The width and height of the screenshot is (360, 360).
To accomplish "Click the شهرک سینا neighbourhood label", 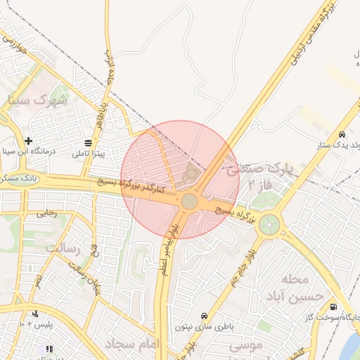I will [x=38, y=100].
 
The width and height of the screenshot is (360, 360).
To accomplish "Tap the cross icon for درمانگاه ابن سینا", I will [x=28, y=141].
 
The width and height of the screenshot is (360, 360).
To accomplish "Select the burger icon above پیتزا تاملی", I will [x=88, y=143].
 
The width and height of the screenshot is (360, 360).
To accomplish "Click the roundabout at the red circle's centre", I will [x=190, y=202].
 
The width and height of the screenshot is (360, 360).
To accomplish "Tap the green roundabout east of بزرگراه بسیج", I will [x=269, y=226].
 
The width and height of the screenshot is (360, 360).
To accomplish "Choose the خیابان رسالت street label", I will [x=85, y=275].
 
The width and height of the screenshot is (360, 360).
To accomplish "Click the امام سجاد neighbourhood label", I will [x=133, y=344].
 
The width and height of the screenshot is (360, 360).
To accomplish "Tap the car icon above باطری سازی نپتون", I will [x=204, y=316].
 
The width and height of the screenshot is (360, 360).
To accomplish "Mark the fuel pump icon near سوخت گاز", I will [x=333, y=307].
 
